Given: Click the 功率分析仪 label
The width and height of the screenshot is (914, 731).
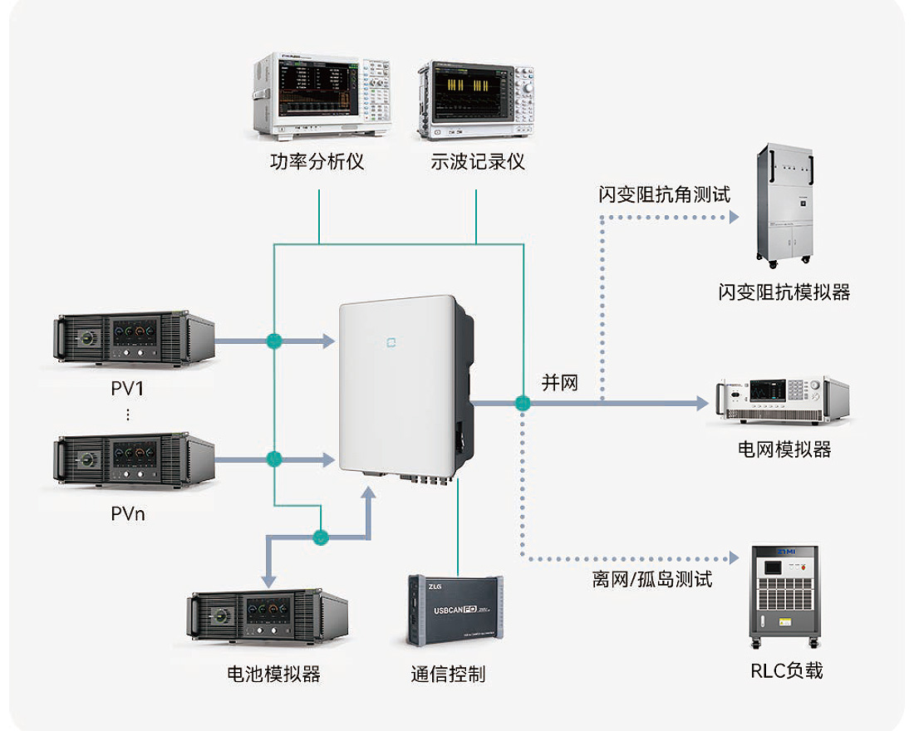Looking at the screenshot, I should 317,161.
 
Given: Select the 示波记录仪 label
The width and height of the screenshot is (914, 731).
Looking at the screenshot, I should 478,161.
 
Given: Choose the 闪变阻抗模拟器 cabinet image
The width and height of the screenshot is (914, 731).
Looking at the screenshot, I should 785,207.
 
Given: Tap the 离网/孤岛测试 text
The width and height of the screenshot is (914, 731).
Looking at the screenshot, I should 652,579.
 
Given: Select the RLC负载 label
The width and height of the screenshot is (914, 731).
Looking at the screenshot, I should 785,670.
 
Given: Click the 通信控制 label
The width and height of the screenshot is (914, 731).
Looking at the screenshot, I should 448,674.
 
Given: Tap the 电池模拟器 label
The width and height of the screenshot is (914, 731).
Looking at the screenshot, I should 273,674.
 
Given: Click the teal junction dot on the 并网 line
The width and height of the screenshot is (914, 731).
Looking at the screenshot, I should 523,404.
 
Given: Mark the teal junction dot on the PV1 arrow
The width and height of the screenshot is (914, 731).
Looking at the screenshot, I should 274,340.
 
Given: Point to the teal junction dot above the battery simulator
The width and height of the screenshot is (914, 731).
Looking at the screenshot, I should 321,537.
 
